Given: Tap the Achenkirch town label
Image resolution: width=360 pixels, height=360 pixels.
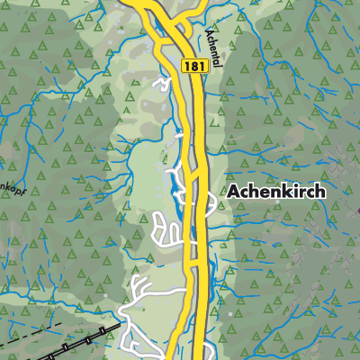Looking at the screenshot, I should click(x=275, y=192).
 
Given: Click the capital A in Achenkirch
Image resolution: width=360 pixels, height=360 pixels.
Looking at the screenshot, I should click(x=233, y=192).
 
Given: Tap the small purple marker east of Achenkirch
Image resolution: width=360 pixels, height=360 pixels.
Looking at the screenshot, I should click(x=356, y=211).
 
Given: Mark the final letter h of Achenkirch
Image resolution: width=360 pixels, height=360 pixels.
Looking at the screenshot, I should click(x=319, y=192).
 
